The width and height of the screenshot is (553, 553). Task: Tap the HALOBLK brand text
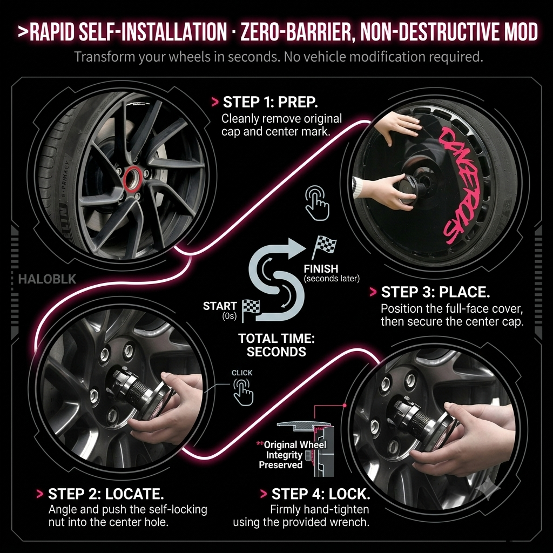point(48,279)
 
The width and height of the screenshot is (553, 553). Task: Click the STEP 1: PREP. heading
point(271,102)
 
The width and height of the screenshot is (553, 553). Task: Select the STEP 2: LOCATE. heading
point(106,494)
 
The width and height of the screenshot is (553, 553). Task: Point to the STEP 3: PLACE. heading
point(436,292)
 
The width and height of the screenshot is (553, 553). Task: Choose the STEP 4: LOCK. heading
point(321,494)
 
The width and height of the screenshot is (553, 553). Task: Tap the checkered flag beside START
point(251,311)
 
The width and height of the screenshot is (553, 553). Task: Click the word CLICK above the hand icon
point(242,373)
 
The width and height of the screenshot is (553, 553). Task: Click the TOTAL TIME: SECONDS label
point(276,345)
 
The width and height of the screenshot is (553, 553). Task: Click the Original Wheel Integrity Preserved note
point(291,455)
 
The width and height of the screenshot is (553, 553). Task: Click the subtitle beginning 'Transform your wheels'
point(278,56)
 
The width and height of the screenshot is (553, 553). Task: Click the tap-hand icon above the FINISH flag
point(317,203)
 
